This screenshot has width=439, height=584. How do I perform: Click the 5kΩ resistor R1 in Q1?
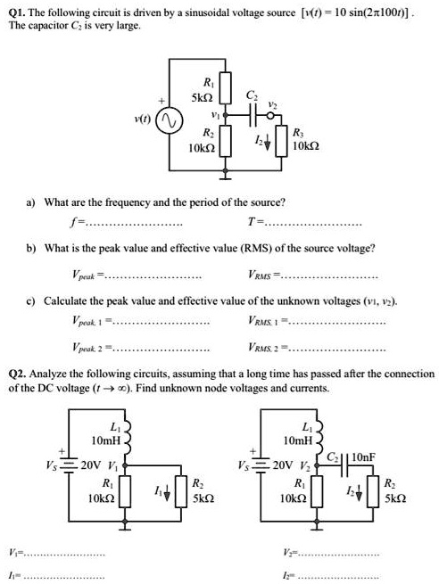pos(225,87)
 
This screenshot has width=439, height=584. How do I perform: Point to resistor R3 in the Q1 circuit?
pos(281,140)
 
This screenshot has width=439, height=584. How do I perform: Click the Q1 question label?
pos(17,12)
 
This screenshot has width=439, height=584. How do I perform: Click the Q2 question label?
pos(17,374)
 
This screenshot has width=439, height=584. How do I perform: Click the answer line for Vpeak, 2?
pos(161,350)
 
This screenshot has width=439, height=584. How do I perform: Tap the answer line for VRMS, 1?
pos(337,323)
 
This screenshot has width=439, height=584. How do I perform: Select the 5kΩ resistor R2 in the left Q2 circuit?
pos(181,491)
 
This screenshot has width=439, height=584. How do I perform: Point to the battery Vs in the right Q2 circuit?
pos(261,465)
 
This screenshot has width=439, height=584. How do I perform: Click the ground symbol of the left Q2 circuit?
pos(125,525)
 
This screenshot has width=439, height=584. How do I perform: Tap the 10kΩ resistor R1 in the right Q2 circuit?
pos(317,491)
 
